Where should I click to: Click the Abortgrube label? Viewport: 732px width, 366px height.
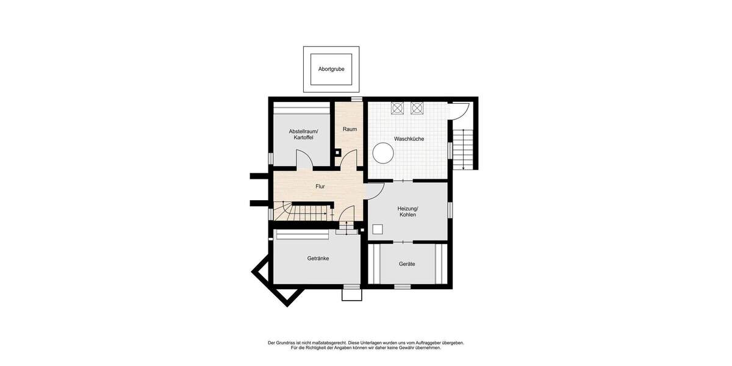tap(331, 69)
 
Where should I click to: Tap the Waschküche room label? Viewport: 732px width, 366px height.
tap(409, 139)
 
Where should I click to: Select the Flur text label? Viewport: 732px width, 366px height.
tap(320, 186)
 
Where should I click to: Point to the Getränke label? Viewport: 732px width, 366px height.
tap(318, 259)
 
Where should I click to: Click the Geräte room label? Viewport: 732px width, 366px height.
tap(407, 264)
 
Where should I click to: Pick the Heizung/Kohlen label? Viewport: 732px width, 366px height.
tap(408, 212)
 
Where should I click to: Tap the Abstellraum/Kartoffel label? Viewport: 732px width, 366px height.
tap(303, 135)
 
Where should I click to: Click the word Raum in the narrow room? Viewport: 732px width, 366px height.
tap(350, 129)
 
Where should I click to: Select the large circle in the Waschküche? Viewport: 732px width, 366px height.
tap(383, 152)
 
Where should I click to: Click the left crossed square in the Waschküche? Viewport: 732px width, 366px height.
tap(397, 108)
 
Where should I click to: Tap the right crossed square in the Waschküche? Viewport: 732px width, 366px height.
tap(417, 108)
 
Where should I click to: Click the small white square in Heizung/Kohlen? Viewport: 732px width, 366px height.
tap(378, 229)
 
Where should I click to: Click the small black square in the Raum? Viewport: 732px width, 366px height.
tap(337, 152)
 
